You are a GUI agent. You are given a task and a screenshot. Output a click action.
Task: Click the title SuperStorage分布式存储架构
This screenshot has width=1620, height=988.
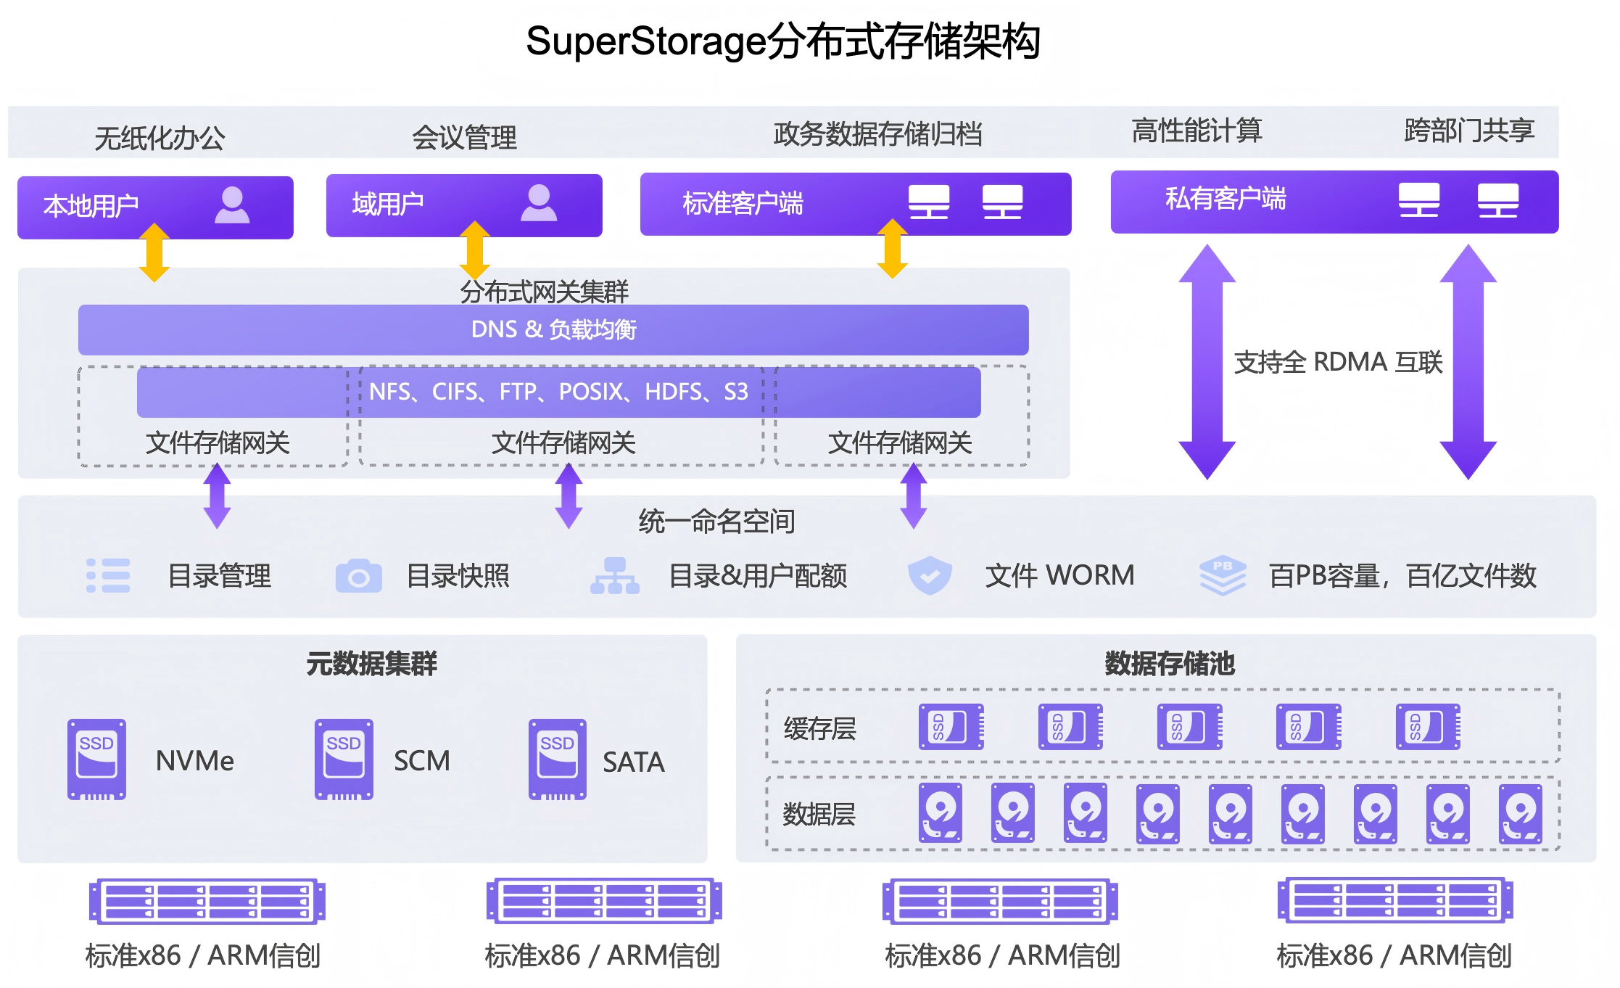(783, 41)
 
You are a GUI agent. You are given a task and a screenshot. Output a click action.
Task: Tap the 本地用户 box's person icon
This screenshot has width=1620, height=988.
(232, 205)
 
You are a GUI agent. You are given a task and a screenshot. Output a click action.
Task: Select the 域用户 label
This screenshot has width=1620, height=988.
(388, 204)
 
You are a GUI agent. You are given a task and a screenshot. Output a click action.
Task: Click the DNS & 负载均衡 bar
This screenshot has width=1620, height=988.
(553, 329)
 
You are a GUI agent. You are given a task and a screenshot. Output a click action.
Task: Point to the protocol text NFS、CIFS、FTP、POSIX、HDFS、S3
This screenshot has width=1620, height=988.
(558, 392)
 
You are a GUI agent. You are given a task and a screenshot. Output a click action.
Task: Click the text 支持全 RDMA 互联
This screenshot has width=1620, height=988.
(1338, 361)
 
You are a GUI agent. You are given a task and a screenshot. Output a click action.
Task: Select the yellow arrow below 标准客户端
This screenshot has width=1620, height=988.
(892, 249)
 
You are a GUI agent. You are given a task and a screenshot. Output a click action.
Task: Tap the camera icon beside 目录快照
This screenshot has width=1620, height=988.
(358, 576)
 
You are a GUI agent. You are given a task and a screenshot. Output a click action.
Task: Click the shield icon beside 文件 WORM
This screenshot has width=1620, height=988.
(930, 575)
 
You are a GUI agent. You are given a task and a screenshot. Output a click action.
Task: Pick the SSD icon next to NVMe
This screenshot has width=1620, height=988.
(96, 759)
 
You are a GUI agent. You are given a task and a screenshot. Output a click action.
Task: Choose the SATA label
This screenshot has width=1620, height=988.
(633, 762)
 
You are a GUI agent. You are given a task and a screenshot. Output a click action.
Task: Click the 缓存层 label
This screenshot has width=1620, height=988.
(819, 728)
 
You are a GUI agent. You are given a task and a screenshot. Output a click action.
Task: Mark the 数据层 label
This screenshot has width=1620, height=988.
(819, 814)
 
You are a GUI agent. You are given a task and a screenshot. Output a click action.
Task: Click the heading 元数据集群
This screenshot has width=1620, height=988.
(371, 663)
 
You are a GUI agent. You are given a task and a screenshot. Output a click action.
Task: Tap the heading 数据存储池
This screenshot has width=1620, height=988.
(1169, 663)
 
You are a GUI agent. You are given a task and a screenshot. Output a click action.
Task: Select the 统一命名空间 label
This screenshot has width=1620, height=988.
(716, 521)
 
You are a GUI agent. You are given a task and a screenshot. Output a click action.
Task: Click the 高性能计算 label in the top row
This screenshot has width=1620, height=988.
(1197, 131)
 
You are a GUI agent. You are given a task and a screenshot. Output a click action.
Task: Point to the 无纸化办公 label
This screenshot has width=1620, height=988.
(160, 138)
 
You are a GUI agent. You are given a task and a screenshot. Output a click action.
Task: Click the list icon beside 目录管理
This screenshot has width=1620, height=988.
(108, 576)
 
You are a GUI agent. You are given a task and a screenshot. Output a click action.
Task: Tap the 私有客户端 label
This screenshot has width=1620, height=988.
(1226, 198)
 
